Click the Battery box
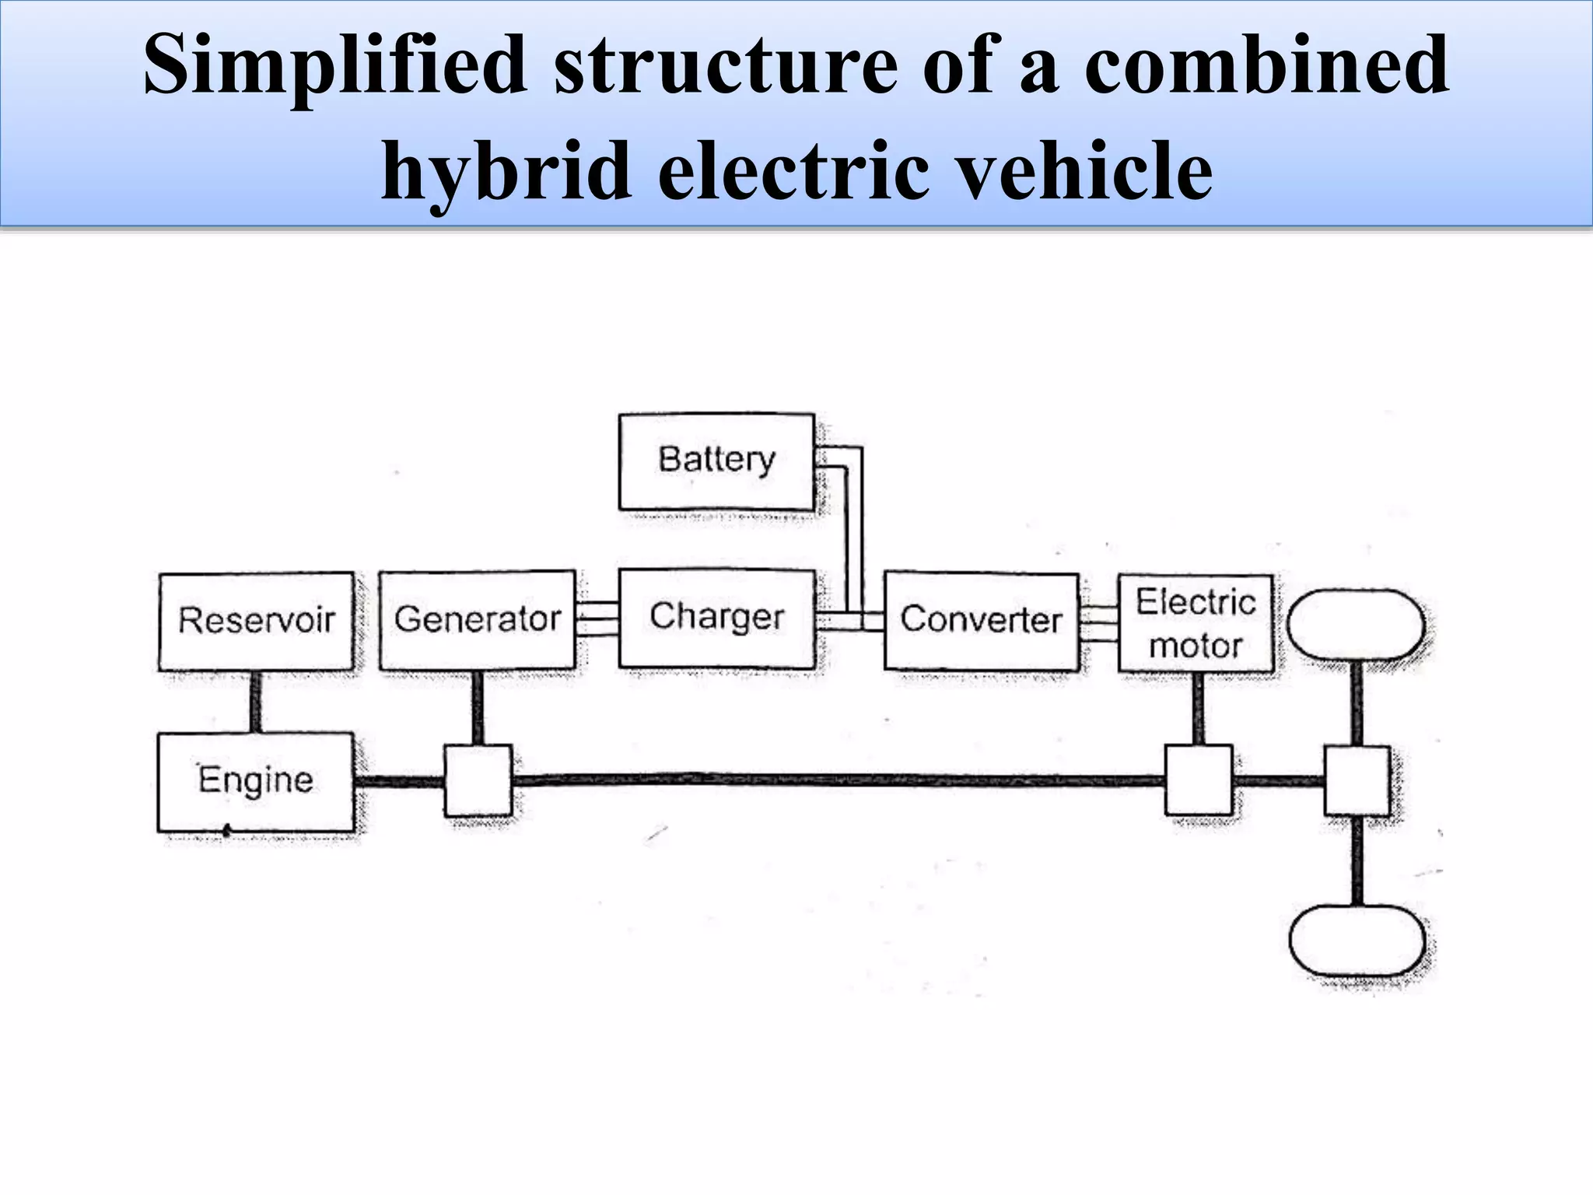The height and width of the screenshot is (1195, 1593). (x=716, y=461)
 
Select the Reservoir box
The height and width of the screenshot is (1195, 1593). (x=256, y=621)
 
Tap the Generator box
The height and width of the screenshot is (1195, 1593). (x=477, y=620)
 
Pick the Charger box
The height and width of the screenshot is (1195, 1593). (x=716, y=619)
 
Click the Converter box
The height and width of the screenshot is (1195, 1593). (x=981, y=621)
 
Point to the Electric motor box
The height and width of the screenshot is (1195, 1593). (x=1196, y=623)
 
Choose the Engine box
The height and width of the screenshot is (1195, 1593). (x=255, y=781)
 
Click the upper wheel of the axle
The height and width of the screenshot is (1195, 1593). (x=1356, y=625)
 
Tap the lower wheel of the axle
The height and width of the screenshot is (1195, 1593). (x=1357, y=940)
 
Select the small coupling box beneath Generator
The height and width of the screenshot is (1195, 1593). (x=478, y=780)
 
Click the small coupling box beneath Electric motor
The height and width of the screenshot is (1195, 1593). (x=1198, y=780)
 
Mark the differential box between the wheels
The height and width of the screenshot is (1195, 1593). (x=1357, y=780)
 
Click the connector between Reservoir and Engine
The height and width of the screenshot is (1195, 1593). (x=255, y=701)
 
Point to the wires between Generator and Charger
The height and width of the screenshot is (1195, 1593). (x=597, y=620)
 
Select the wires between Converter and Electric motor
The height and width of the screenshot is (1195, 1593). (x=1098, y=623)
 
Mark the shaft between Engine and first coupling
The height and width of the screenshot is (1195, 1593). (x=398, y=781)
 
